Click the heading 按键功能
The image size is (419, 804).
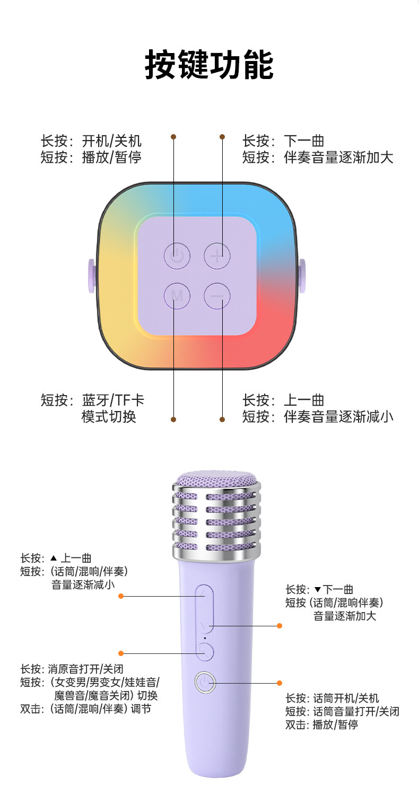(x=209, y=65)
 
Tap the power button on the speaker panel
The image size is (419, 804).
(x=177, y=255)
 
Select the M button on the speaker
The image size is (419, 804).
(x=177, y=295)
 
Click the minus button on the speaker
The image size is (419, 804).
(x=217, y=295)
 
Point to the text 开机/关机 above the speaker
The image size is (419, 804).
(x=112, y=142)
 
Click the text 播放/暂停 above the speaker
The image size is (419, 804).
(x=112, y=158)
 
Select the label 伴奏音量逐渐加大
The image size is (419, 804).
(x=339, y=158)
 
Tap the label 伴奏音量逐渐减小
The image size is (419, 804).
(x=339, y=416)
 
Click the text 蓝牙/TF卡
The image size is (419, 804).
(x=113, y=400)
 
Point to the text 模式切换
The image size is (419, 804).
(x=109, y=416)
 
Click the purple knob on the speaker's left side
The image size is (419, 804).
(x=91, y=276)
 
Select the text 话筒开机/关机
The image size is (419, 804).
(x=346, y=698)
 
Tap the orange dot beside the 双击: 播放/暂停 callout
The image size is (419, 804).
(x=280, y=683)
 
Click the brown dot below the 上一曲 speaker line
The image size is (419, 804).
(x=222, y=420)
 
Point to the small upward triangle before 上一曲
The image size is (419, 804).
(x=53, y=558)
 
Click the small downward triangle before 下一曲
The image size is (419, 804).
(x=318, y=589)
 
